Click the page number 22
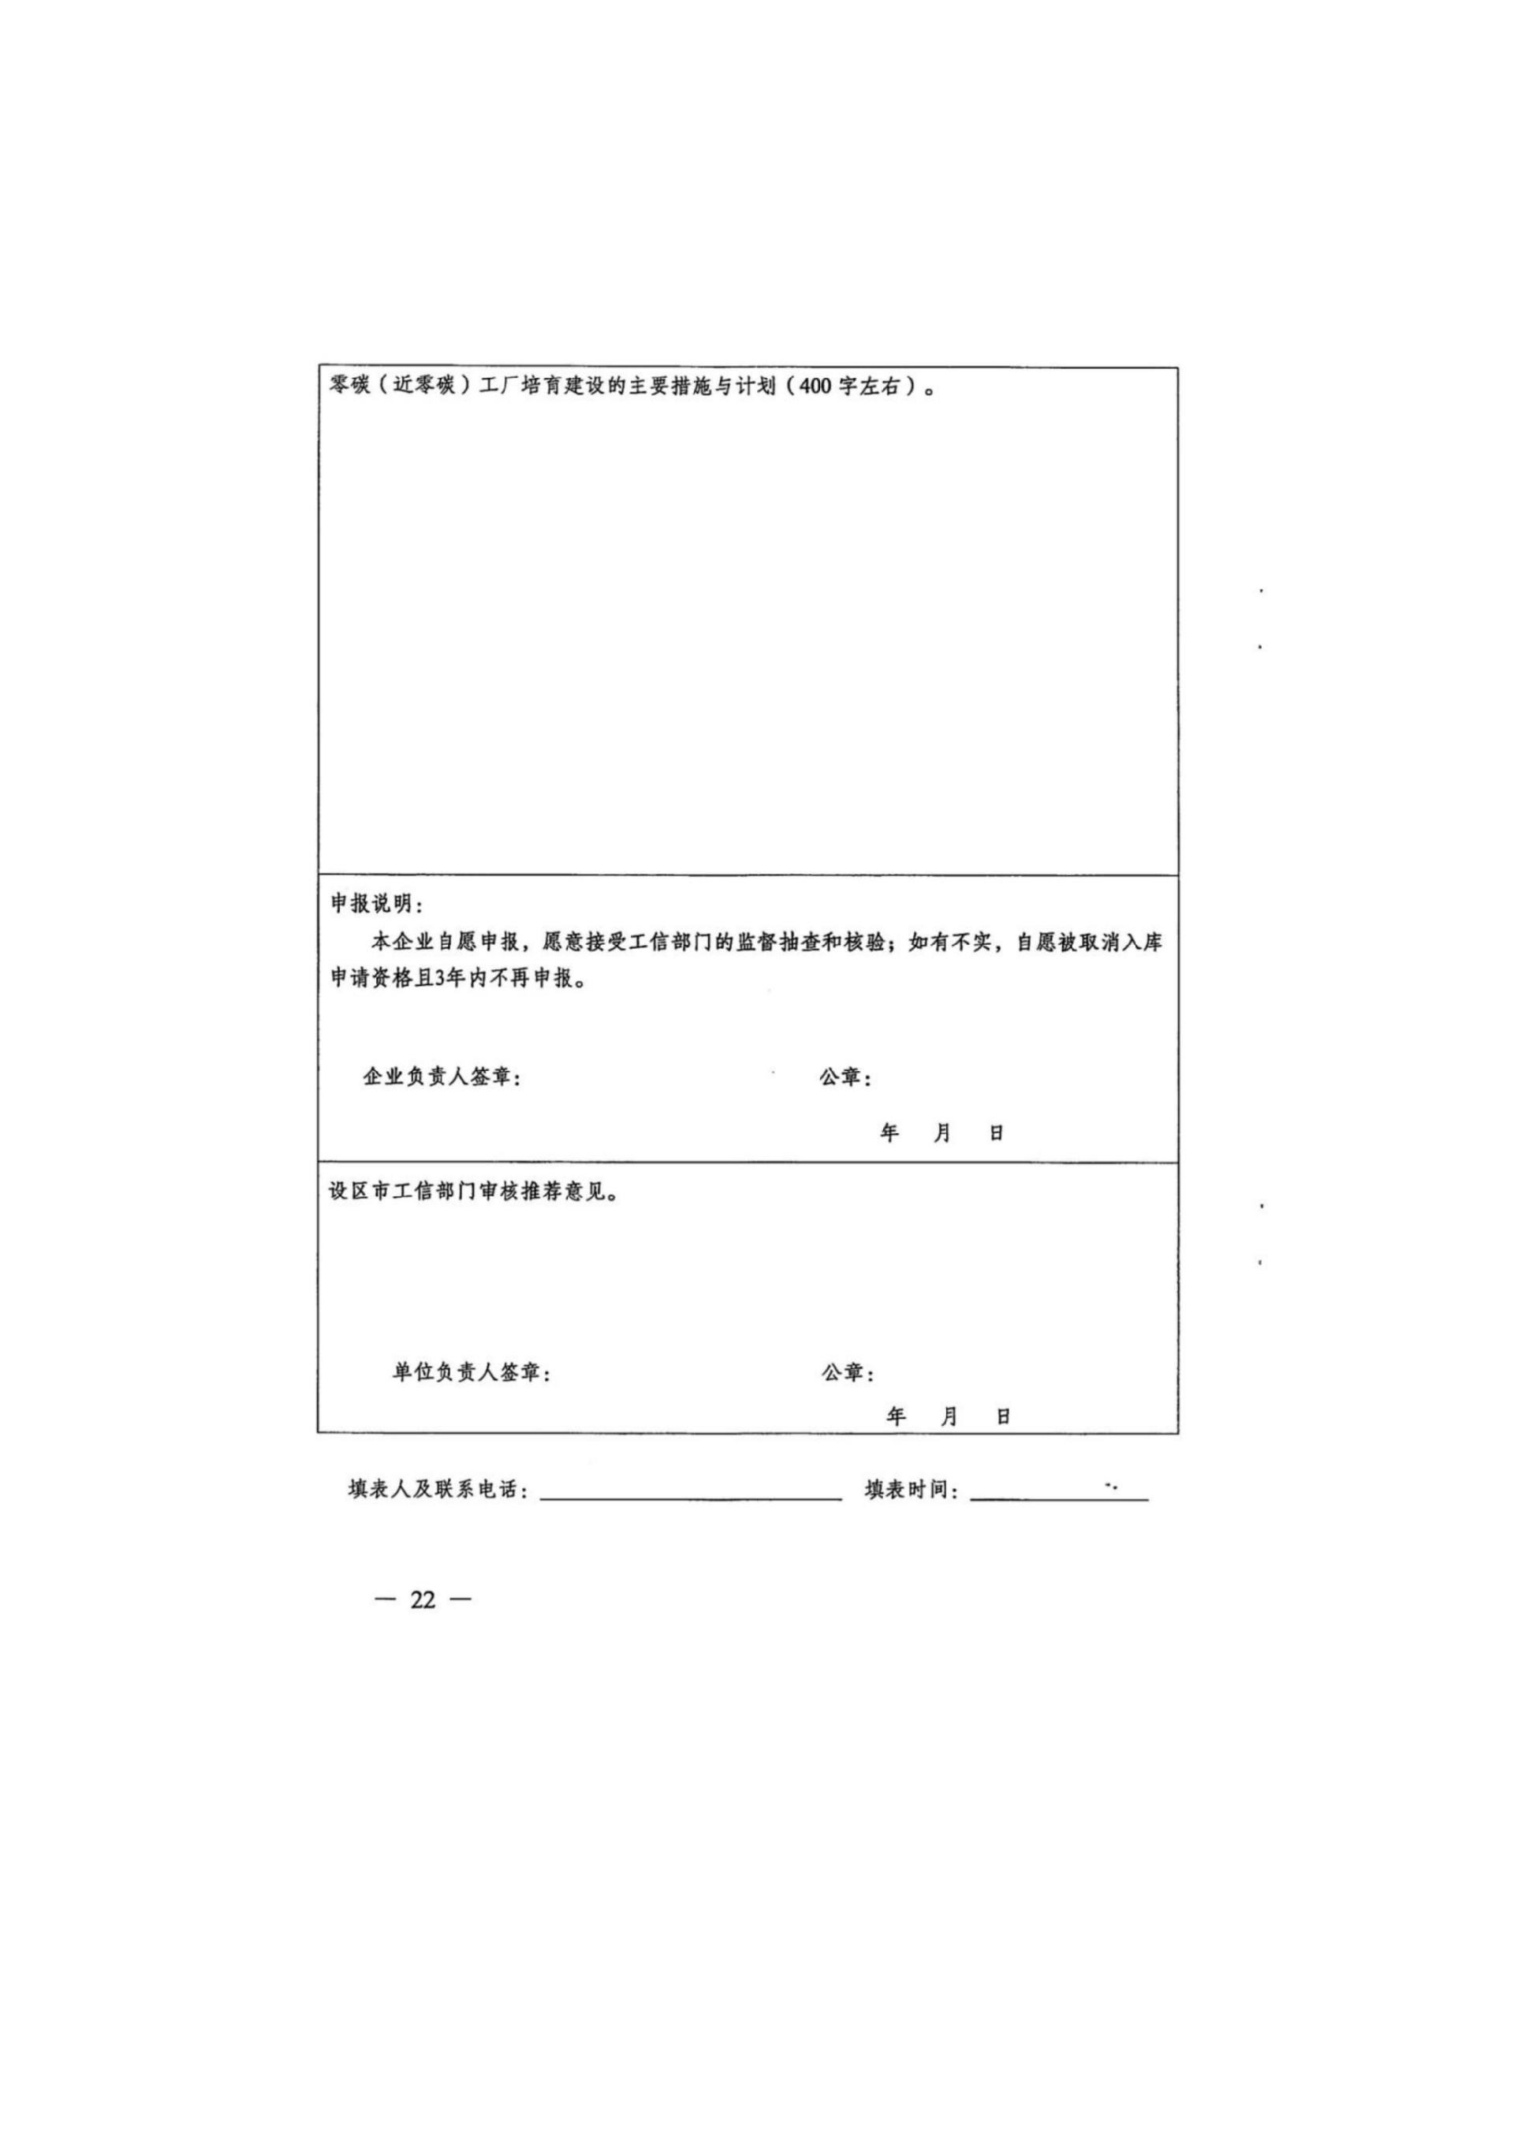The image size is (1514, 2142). pyautogui.click(x=423, y=1600)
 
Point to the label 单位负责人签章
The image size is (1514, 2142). pyautogui.click(x=469, y=1372)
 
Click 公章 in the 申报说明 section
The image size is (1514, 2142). pyautogui.click(x=843, y=1077)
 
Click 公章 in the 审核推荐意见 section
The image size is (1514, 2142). pyautogui.click(x=845, y=1372)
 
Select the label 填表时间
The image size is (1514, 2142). pyautogui.click(x=909, y=1490)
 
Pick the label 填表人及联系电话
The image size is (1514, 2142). pyautogui.click(x=438, y=1490)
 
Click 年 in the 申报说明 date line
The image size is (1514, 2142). pyautogui.click(x=889, y=1133)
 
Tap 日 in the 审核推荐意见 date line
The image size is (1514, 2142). pyautogui.click(x=1004, y=1416)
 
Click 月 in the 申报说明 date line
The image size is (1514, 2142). pyautogui.click(x=942, y=1133)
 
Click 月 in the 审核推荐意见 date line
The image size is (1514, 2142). pyautogui.click(x=949, y=1416)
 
